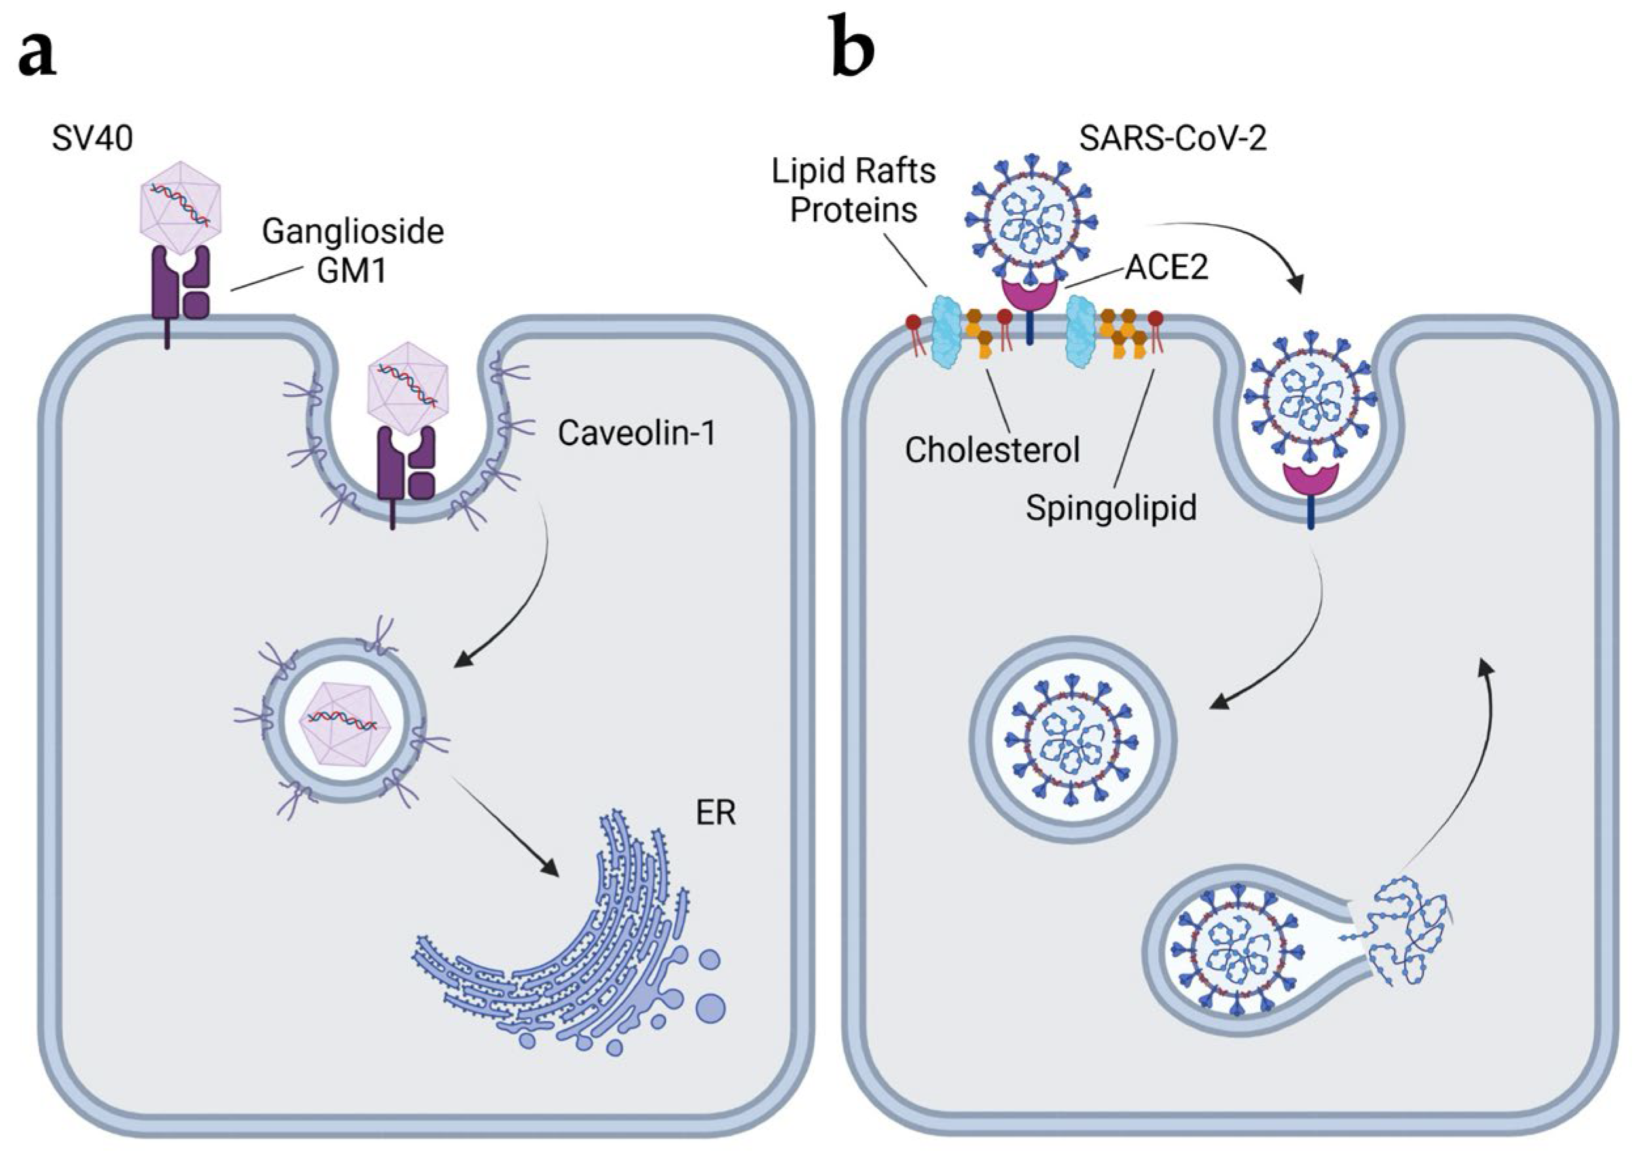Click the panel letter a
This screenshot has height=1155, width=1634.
coord(37,56)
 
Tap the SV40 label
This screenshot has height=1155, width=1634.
coord(92,138)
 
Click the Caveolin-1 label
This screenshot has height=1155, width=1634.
coord(636,433)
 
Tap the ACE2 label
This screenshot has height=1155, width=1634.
coord(1167,269)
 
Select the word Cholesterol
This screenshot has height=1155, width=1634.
coord(992,450)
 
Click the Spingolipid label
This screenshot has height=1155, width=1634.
coord(1111,508)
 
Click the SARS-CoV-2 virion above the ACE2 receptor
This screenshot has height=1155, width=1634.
coord(1029,221)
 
